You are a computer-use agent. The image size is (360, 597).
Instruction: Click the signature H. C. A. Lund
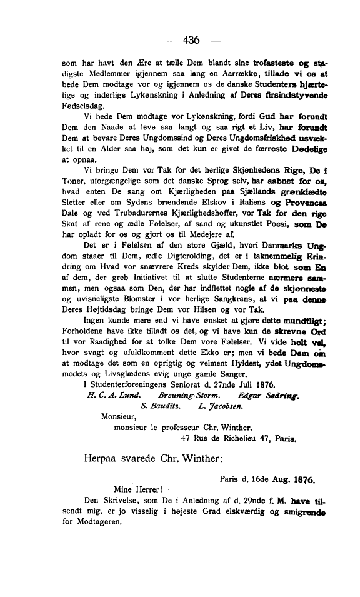tap(112, 394)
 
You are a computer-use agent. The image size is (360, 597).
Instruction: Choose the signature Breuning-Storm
tap(186, 394)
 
